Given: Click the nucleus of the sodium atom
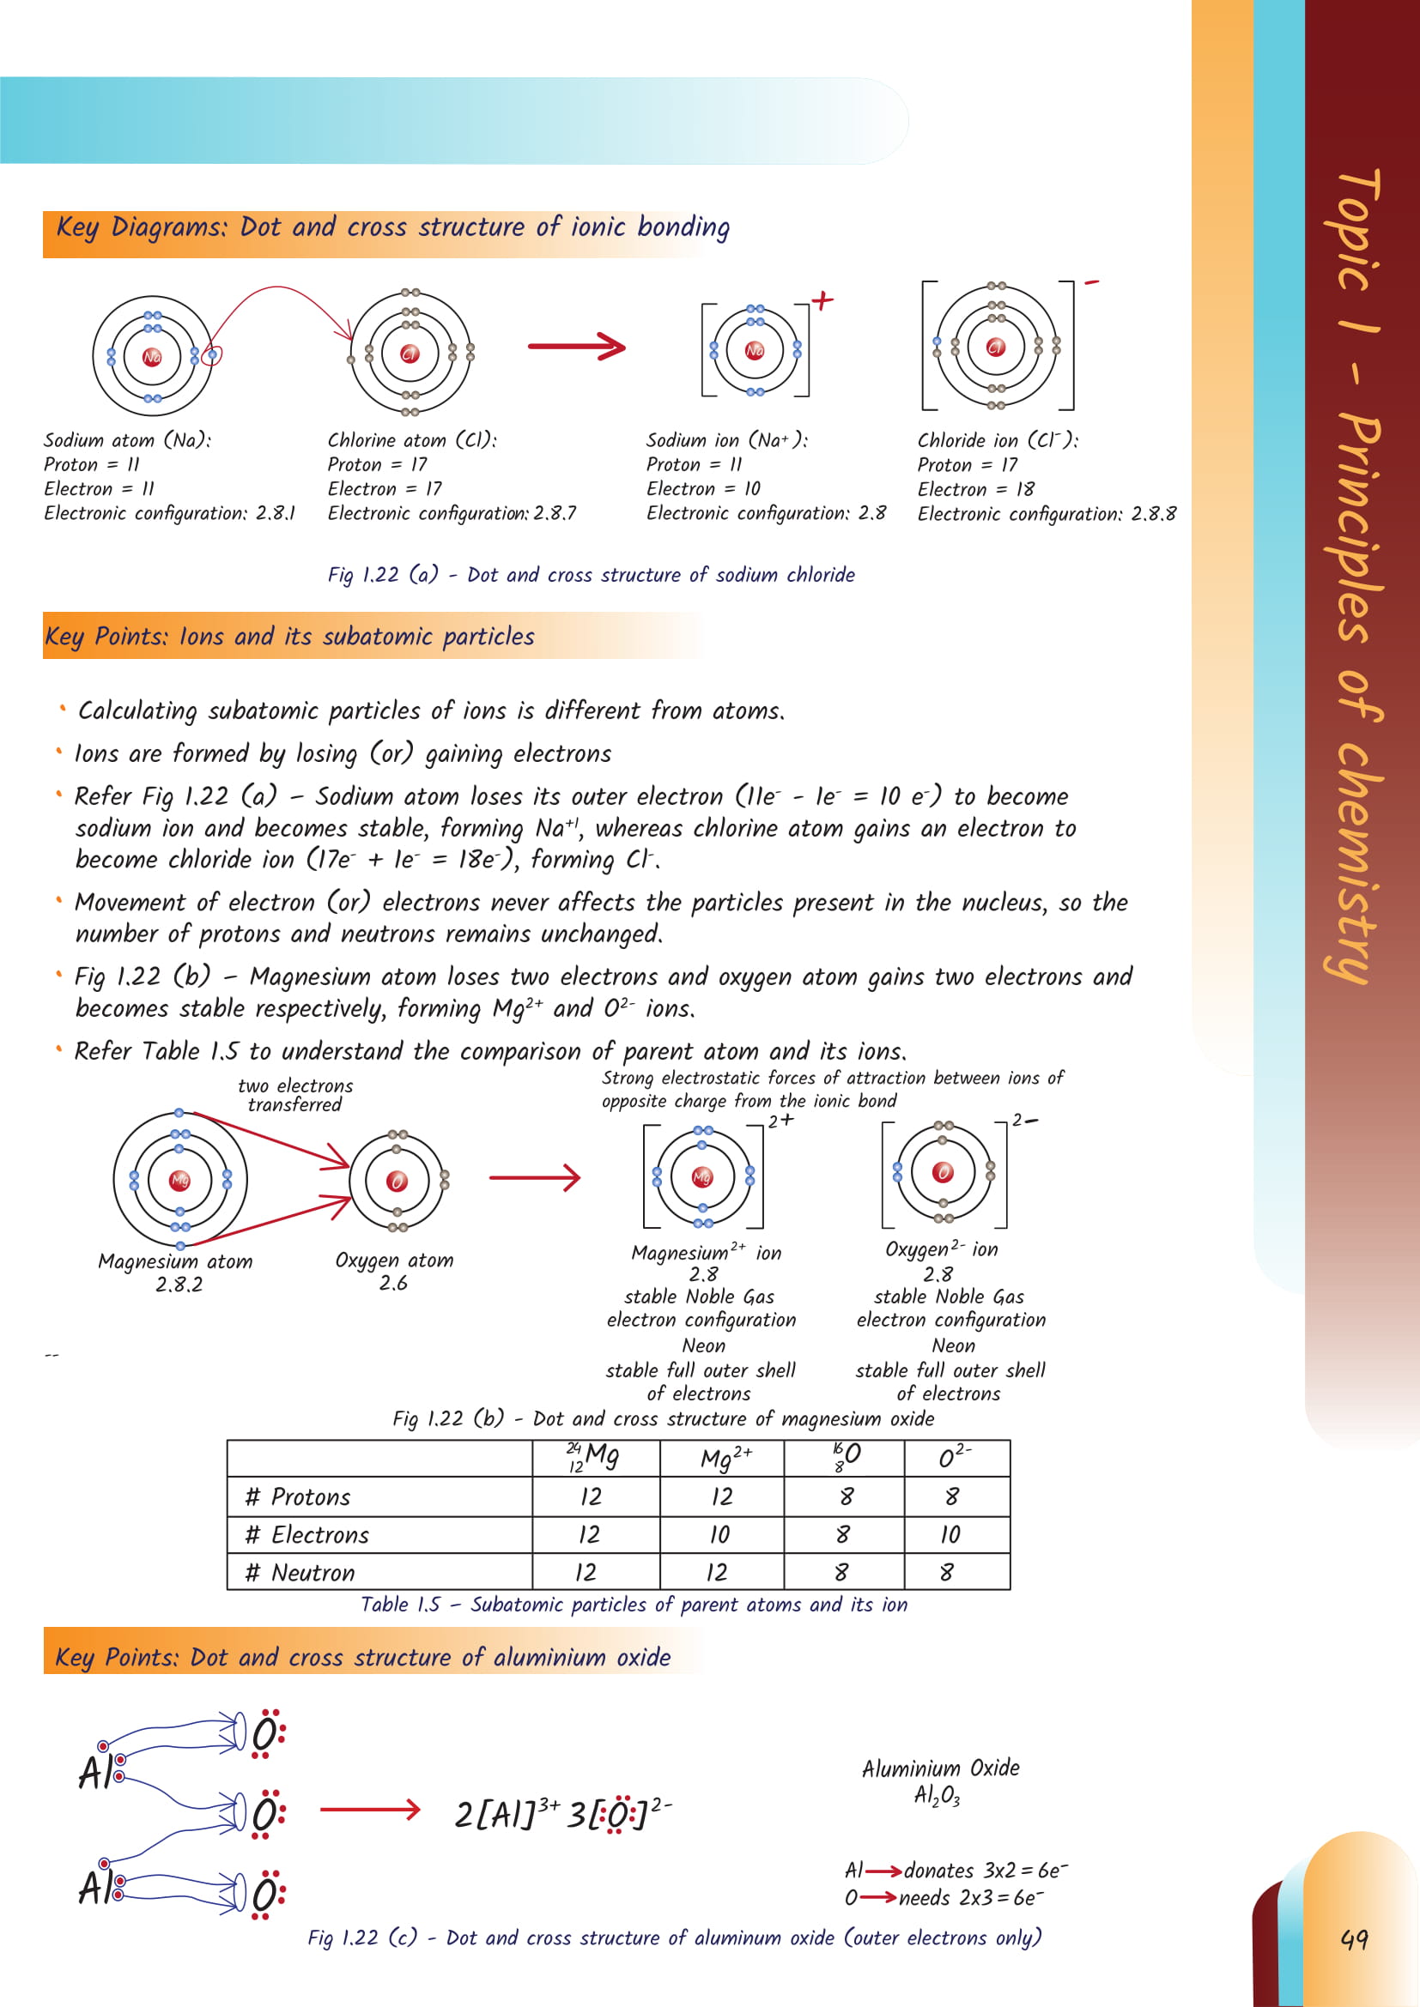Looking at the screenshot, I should [152, 356].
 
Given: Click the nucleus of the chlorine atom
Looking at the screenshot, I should [410, 354].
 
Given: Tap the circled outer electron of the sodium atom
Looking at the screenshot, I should [211, 355].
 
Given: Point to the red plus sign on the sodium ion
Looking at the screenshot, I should [822, 300].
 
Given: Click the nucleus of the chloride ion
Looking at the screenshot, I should [995, 347].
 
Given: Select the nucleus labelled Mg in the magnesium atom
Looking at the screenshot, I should [179, 1180].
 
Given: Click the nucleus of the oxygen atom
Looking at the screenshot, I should [397, 1182].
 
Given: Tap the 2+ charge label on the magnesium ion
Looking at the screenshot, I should [780, 1121].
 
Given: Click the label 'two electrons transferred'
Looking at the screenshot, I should [295, 1094].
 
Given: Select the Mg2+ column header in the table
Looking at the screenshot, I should [725, 1458].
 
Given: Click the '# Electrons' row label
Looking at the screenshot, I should [308, 1534].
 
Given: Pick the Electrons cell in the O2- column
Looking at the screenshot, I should [950, 1534].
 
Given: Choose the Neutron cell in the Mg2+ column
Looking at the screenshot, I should [717, 1573].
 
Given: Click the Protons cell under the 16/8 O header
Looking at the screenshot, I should [846, 1496].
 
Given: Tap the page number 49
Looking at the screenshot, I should [1354, 1940].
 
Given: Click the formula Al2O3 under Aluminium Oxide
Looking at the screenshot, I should [937, 1795].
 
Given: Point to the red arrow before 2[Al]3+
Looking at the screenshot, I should [370, 1810].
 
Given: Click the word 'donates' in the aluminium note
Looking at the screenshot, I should [938, 1871].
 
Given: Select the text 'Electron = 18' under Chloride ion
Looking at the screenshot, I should [976, 489].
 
